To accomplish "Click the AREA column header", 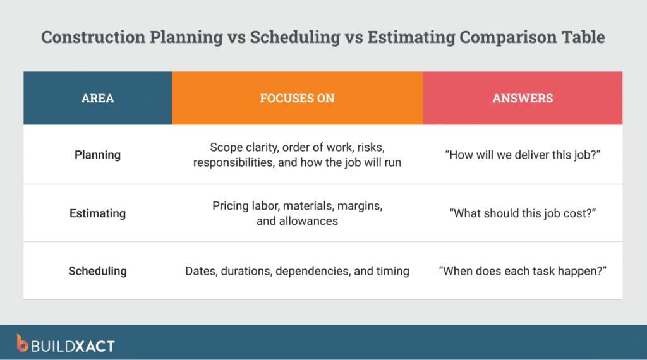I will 97,98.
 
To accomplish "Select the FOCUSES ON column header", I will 297,98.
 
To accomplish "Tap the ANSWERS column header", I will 523,98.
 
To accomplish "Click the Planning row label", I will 97,155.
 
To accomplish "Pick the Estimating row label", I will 97,213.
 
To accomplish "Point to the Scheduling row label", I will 97,271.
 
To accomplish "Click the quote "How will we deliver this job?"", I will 523,155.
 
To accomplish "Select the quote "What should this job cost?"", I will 523,213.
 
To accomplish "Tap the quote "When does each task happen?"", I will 523,271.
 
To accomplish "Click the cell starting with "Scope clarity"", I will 297,155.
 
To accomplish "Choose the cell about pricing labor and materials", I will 297,213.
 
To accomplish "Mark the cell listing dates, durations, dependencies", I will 297,271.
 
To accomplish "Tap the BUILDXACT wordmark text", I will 73,345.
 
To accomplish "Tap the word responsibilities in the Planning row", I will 233,162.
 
